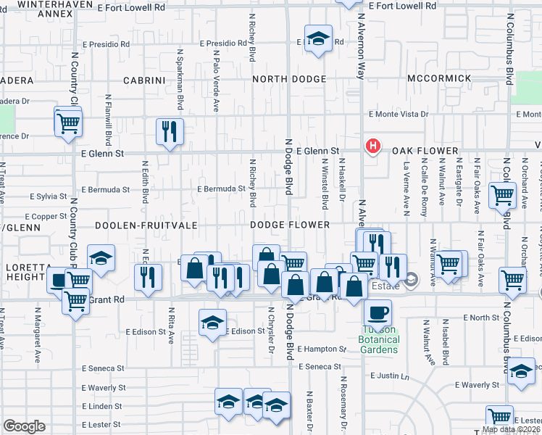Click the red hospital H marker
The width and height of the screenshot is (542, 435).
pos(372,146)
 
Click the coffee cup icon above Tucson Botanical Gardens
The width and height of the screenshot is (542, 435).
pos(377,313)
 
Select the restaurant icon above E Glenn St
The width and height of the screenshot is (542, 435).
pos(170,131)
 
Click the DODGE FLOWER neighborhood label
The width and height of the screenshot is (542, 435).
pos(290,225)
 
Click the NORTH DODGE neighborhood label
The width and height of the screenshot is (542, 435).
pos(289,78)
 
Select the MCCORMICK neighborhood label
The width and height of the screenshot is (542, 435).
pos(439,78)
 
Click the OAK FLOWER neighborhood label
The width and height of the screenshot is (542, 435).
pos(425,151)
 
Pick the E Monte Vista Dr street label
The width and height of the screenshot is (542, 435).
pos(398,115)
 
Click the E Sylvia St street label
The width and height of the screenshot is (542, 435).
pos(49,196)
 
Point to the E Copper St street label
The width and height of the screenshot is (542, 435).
pos(46,217)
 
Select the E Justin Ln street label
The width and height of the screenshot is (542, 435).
pos(389,376)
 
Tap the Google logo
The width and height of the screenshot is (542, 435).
pos(24,426)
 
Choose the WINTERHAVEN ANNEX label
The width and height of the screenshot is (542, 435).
pos(45,9)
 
